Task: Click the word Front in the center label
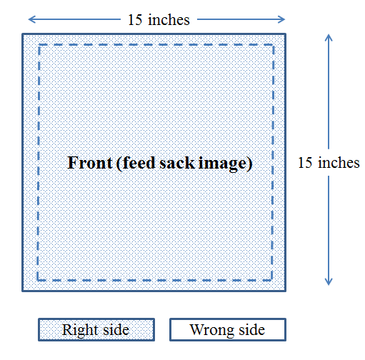click(90, 163)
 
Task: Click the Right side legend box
click(96, 329)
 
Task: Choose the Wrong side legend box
click(228, 329)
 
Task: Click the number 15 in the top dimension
click(135, 19)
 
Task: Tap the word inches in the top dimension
click(169, 19)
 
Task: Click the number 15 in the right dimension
click(305, 163)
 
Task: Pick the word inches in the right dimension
click(339, 163)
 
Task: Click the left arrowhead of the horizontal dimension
click(29, 19)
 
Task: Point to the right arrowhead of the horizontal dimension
click(285, 19)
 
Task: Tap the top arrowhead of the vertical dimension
click(329, 34)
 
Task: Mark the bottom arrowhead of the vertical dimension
click(329, 285)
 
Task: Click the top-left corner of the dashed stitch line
click(39, 45)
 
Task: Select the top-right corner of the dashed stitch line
click(273, 45)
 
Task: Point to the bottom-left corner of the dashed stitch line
click(38, 280)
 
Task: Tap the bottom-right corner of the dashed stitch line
click(272, 280)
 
